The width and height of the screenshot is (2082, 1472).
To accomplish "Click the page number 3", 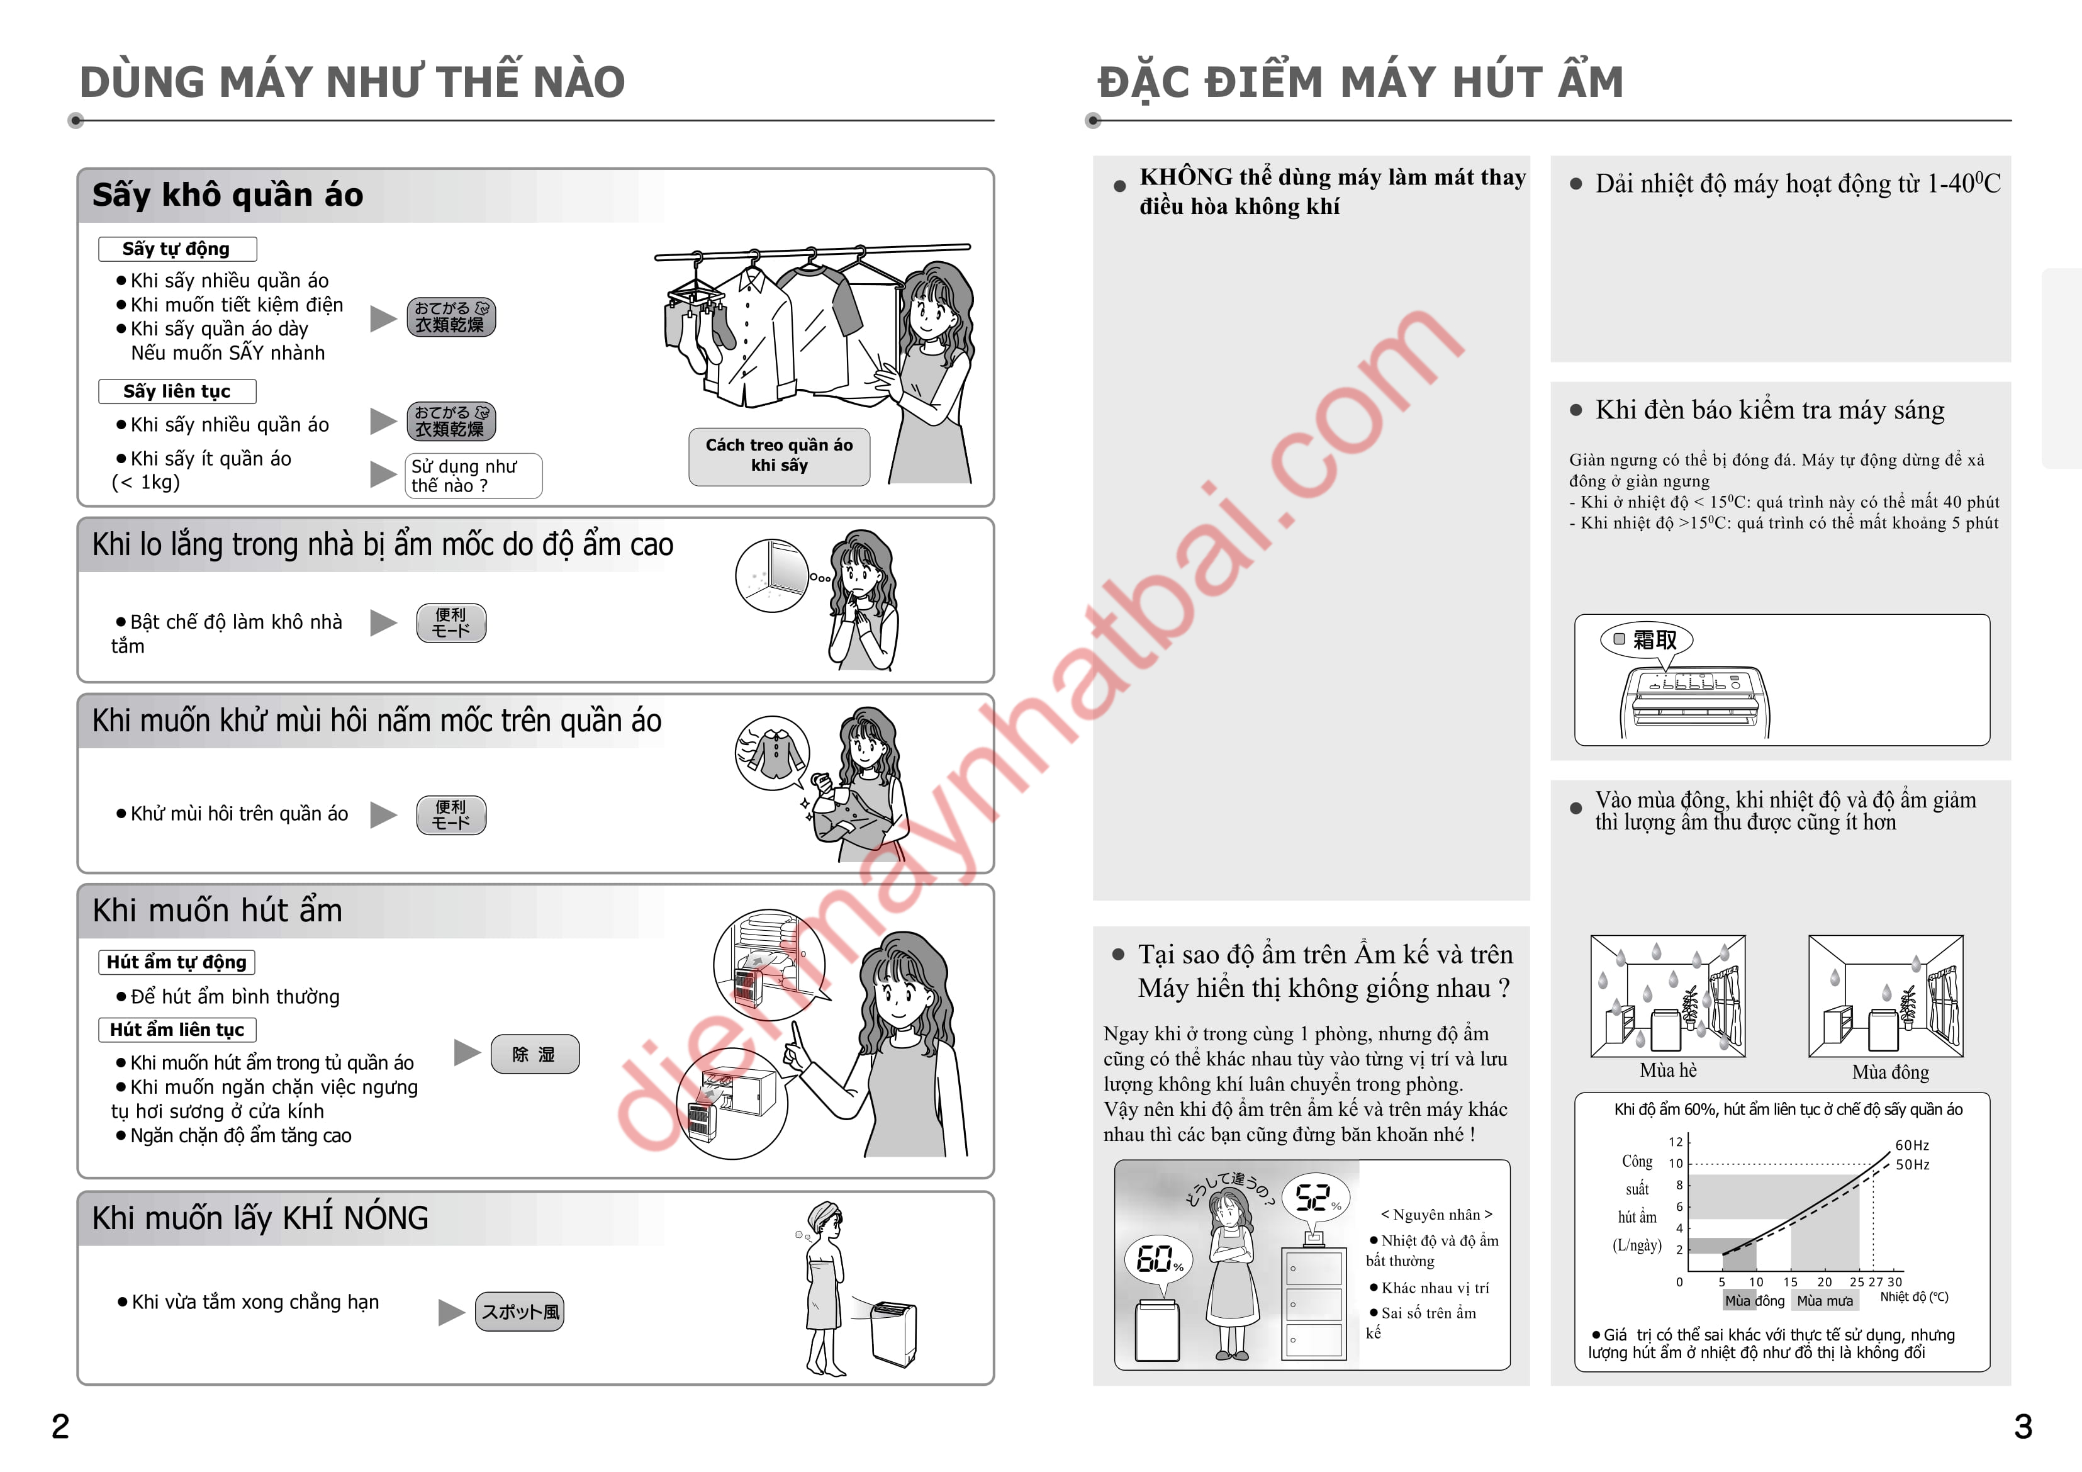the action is point(2023,1426).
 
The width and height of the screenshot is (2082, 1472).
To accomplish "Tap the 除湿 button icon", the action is point(534,1054).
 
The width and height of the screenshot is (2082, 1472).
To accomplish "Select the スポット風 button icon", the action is point(520,1312).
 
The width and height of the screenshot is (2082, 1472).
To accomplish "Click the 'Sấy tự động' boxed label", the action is point(177,249).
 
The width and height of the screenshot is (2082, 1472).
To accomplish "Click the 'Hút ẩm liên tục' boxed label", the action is point(177,1030).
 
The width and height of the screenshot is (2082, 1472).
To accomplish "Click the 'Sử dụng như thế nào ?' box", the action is point(473,475).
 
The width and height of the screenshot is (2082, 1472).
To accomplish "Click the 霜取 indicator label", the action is point(1647,639).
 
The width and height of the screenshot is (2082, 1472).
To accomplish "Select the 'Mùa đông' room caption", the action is point(1891,1072).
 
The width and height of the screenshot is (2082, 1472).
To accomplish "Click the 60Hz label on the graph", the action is point(1912,1145).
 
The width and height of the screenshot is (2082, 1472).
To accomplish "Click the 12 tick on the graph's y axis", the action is point(1676,1142).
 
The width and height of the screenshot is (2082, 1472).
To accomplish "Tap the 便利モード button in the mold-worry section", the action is point(451,623).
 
